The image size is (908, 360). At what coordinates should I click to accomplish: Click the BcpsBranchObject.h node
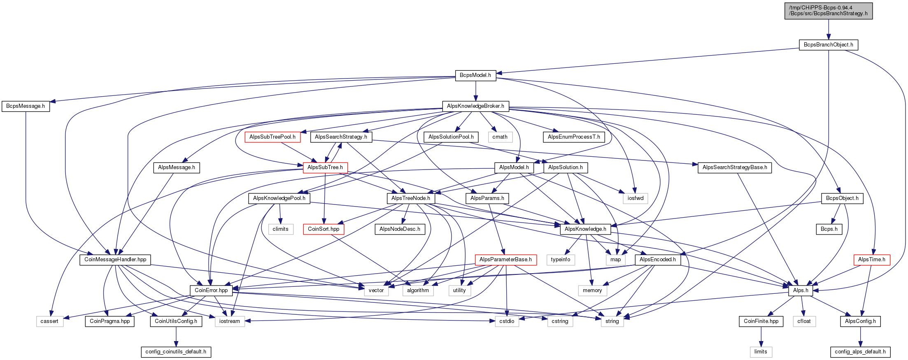pos(828,45)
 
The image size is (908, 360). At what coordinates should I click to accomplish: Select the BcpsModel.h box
pos(475,75)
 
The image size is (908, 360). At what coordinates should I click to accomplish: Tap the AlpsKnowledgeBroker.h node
pos(475,106)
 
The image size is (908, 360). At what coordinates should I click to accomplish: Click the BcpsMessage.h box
pos(26,106)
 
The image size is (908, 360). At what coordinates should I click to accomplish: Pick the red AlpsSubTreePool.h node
pos(272,137)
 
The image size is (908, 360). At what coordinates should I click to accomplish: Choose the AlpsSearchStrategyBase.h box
pos(735,167)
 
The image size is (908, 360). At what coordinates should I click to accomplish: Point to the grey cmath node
pos(500,137)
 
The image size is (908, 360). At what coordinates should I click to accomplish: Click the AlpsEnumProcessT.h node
pos(574,137)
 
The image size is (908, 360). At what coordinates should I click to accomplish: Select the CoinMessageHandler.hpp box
pos(115,260)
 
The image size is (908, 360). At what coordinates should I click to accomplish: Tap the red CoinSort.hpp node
pos(324,229)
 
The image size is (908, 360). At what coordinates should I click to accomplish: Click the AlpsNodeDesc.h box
pos(400,229)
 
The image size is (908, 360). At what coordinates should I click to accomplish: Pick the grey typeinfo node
pos(561,260)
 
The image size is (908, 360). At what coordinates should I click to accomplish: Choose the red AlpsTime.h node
pos(872,260)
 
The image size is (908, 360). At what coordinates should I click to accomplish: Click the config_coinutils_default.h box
pos(176,352)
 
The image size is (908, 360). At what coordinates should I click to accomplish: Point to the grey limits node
pos(761,352)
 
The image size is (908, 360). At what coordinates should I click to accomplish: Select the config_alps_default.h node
pos(860,352)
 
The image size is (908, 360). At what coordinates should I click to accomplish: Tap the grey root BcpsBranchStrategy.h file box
pos(829,11)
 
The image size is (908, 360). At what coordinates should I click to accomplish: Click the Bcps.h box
pos(829,229)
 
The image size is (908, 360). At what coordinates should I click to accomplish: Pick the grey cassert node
pos(49,321)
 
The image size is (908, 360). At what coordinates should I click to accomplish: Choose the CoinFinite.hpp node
pos(761,321)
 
